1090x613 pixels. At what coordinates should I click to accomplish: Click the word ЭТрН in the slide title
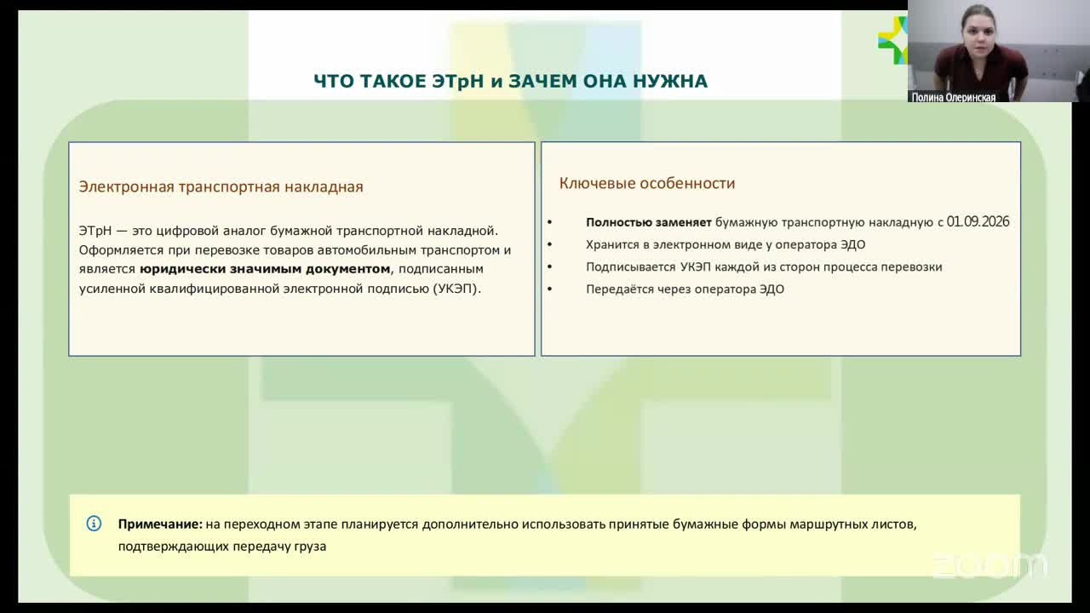(457, 81)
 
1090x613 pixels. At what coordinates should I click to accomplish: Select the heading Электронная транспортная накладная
(221, 186)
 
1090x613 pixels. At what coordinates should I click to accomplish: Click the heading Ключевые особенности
(646, 183)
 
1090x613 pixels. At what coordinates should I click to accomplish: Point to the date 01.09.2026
(978, 222)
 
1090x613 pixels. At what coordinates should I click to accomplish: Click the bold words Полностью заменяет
(648, 222)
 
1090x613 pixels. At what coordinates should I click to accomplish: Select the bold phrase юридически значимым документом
(265, 269)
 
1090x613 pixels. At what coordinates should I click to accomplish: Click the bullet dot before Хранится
(550, 244)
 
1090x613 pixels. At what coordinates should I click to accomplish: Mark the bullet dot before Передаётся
(550, 289)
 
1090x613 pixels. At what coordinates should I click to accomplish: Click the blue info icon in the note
(94, 524)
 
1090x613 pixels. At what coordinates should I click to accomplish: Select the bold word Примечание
(160, 524)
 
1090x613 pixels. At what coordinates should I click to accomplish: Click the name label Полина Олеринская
(953, 97)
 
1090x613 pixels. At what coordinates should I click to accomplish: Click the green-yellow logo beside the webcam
(893, 40)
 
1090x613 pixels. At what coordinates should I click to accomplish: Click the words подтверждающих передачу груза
(222, 547)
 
